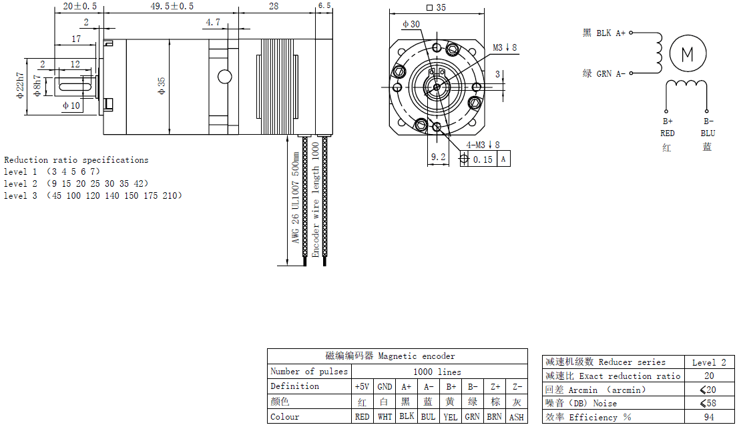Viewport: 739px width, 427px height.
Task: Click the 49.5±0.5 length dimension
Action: (x=172, y=6)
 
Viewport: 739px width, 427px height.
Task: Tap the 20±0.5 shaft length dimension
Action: (x=79, y=6)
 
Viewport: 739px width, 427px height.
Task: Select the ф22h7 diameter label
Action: (x=20, y=85)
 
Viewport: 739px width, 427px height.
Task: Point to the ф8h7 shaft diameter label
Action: (x=37, y=85)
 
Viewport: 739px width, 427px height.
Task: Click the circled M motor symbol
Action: (x=688, y=53)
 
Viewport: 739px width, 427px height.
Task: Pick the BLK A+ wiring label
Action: (x=611, y=33)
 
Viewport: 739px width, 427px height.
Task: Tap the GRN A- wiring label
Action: (x=611, y=73)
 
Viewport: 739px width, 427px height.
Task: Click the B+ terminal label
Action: (x=668, y=121)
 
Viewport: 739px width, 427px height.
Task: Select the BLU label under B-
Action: (x=708, y=133)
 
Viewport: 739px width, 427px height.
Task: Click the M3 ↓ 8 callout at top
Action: (x=505, y=47)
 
